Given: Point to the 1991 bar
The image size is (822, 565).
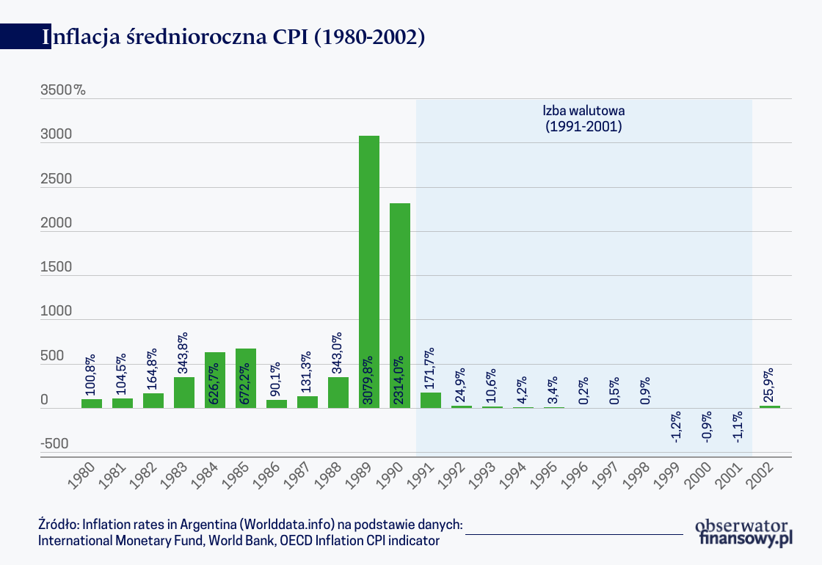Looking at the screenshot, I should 431,401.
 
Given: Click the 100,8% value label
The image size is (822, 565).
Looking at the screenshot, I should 92,372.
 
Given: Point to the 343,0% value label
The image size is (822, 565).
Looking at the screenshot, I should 338,353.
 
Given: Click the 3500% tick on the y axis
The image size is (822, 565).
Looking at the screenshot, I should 62,90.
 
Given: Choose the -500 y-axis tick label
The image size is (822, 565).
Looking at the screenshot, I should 55,443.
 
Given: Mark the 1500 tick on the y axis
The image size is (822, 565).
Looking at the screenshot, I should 57,267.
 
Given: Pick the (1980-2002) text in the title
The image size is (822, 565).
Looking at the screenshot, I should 369,37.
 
